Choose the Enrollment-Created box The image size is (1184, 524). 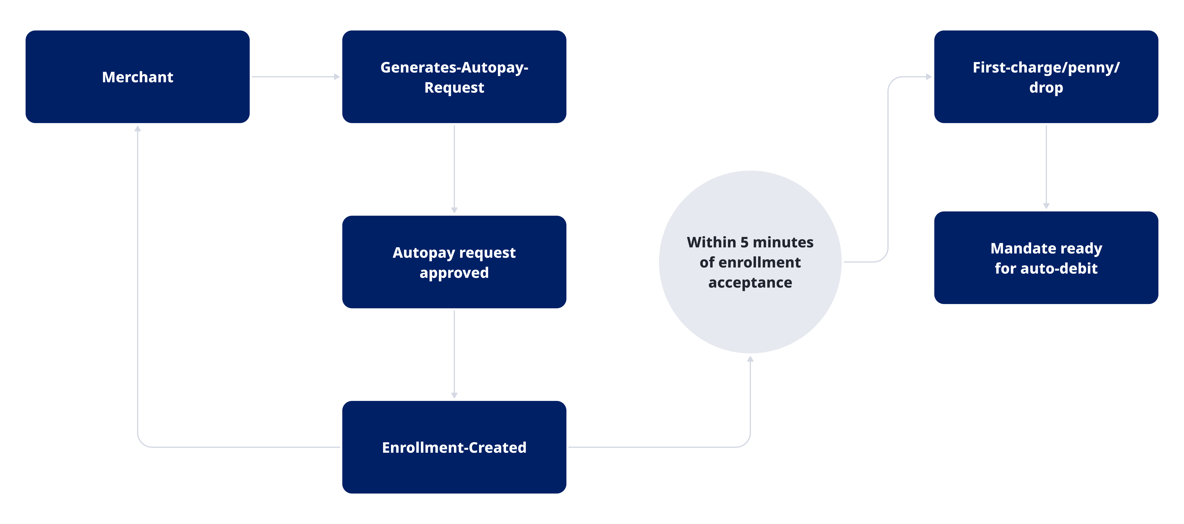tap(454, 473)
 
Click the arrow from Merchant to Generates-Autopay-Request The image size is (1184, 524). tap(294, 77)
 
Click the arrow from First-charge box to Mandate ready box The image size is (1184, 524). tap(1046, 165)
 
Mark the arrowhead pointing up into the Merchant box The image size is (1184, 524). tap(137, 129)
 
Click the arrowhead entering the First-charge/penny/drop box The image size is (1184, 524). tap(929, 77)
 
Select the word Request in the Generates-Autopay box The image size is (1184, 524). tap(454, 87)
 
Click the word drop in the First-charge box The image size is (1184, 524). tap(1046, 87)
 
